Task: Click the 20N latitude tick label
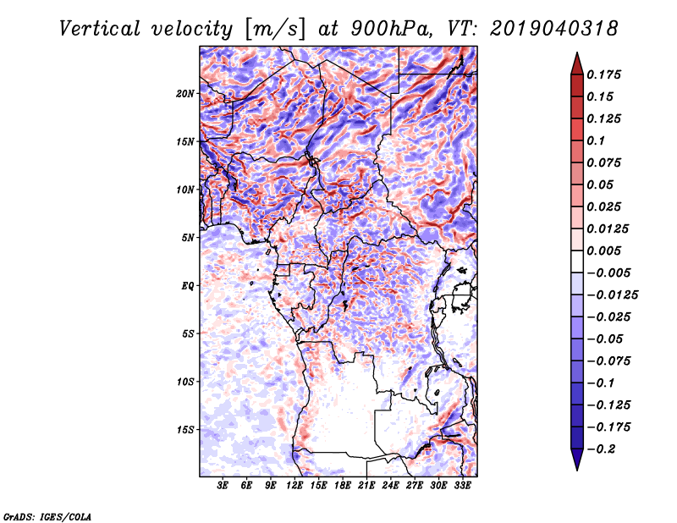click(x=186, y=93)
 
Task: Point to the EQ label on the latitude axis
click(x=188, y=285)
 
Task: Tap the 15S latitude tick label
click(x=186, y=429)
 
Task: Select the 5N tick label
click(x=189, y=237)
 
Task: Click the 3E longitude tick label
click(x=223, y=486)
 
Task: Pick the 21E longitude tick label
click(x=366, y=486)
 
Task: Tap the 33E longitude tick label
click(x=462, y=486)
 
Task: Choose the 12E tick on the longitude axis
click(x=294, y=486)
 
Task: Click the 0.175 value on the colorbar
click(x=606, y=74)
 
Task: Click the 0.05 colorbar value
click(x=601, y=184)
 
